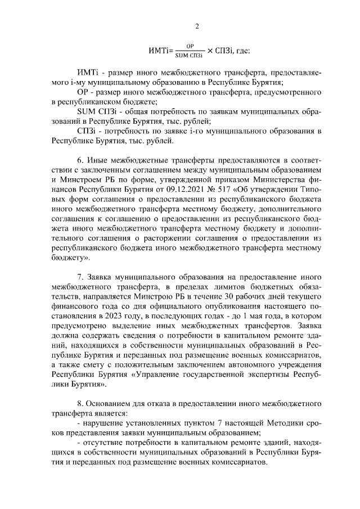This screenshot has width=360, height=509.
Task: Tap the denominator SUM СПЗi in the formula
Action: pos(189,55)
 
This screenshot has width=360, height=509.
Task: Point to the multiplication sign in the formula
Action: pos(210,51)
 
